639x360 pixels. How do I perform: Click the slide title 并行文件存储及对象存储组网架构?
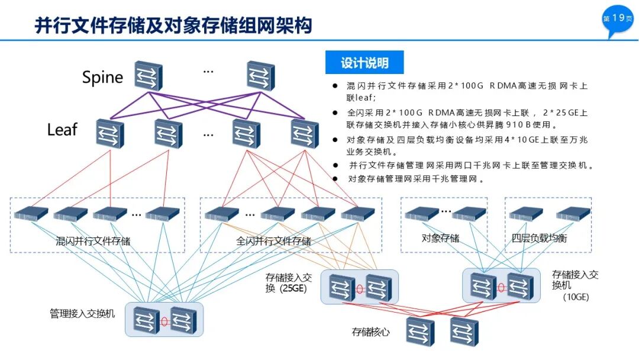173,25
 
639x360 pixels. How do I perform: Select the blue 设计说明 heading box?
364,63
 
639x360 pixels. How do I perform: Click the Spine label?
102,77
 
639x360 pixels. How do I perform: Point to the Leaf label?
62,130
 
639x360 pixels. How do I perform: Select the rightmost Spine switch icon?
261,75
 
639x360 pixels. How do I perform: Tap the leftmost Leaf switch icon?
110,133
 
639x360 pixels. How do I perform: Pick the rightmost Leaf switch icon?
305,133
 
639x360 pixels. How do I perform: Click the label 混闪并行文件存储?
93,241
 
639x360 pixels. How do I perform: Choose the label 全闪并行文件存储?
273,241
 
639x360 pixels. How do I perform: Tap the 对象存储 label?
440,238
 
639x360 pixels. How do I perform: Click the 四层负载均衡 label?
539,238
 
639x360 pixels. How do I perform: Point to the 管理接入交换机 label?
82,313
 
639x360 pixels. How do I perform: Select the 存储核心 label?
371,332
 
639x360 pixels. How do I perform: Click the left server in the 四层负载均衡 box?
526,213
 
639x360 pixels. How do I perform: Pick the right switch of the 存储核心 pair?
464,332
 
